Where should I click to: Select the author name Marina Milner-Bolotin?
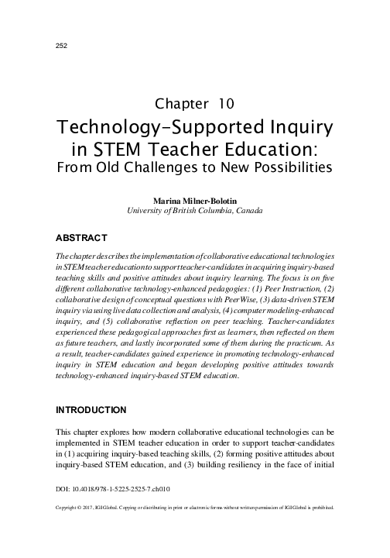tap(195, 200)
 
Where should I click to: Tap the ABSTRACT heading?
tap(81, 235)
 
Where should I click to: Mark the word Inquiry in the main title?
tap(290, 126)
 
